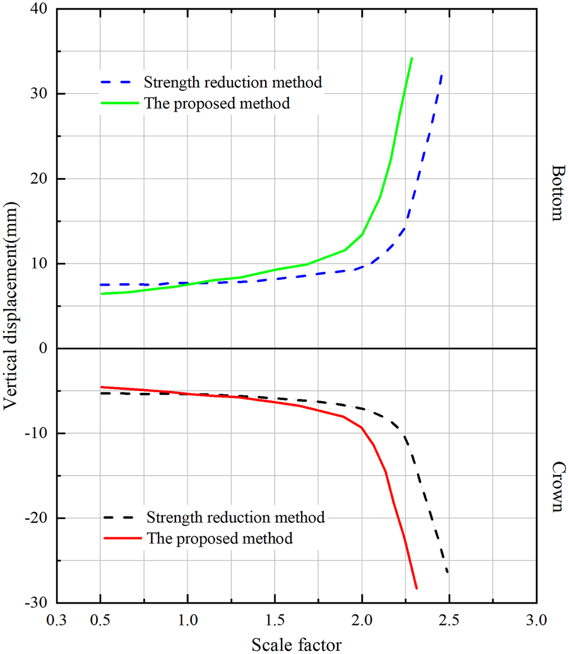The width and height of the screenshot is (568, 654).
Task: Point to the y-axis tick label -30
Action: click(x=37, y=603)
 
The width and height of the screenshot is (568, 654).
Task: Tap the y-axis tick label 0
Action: click(x=44, y=349)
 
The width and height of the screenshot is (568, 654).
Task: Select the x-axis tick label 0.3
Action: click(x=56, y=621)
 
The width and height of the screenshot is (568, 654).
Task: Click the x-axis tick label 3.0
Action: click(x=536, y=621)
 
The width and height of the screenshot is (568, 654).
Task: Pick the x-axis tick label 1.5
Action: click(x=275, y=621)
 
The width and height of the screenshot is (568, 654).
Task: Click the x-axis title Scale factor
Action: click(x=297, y=644)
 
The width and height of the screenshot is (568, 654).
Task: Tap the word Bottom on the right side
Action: click(x=557, y=193)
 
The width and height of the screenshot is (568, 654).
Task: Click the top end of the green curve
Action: click(x=411, y=58)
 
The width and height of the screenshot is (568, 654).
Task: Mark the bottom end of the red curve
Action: click(x=417, y=588)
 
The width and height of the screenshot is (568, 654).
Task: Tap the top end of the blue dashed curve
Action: click(x=442, y=73)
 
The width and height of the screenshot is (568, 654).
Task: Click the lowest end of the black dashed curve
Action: click(x=447, y=573)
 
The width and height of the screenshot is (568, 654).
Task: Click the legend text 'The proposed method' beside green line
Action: click(x=217, y=103)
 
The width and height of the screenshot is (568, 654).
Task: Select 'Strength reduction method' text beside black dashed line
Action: click(x=235, y=518)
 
